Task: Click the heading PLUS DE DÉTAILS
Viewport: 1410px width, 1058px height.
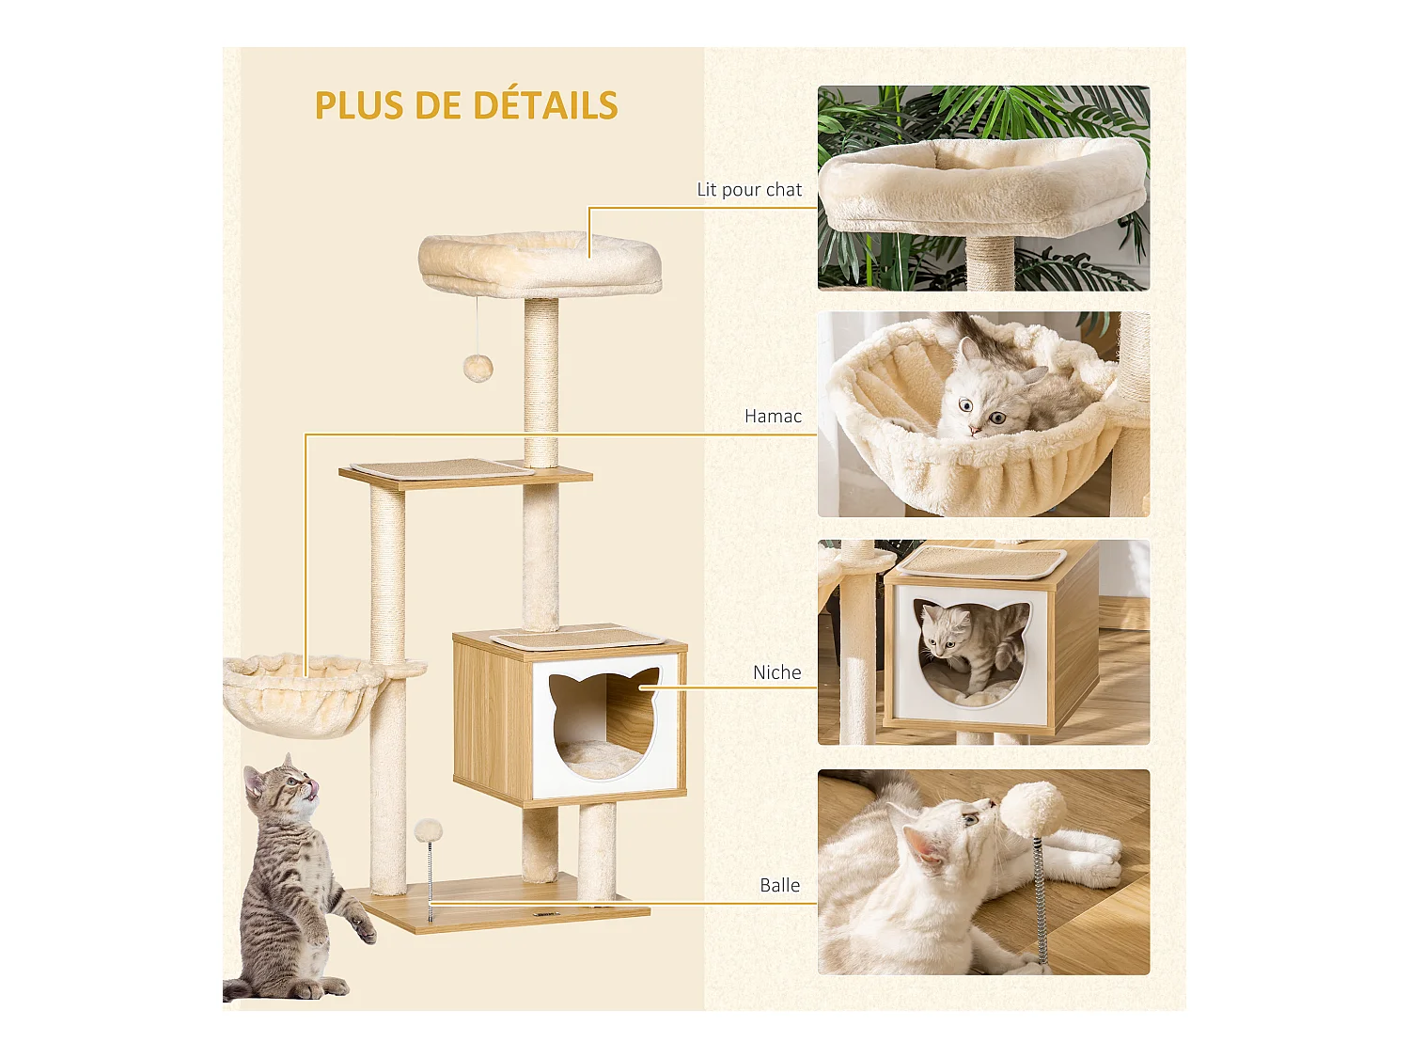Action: click(x=466, y=105)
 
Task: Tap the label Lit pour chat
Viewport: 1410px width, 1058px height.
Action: click(x=749, y=189)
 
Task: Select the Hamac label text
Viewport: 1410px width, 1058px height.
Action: click(x=773, y=416)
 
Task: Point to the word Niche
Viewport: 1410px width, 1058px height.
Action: click(x=776, y=672)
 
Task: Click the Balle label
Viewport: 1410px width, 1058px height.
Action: click(x=779, y=885)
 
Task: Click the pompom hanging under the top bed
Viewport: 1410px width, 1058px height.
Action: click(x=478, y=367)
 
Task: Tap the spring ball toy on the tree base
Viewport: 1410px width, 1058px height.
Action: click(x=429, y=832)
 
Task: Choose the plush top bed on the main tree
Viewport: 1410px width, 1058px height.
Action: click(x=540, y=263)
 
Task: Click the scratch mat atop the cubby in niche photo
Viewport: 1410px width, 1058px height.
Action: click(x=982, y=562)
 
